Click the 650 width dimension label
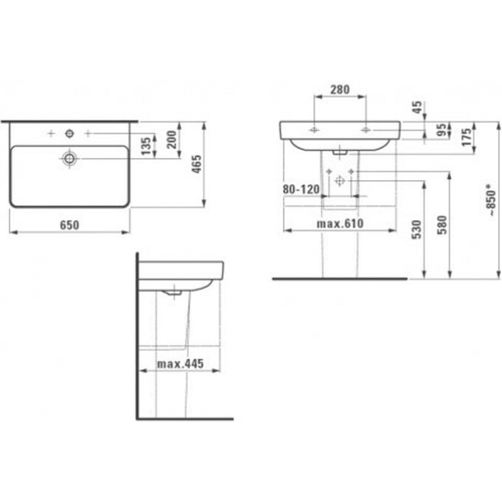[x=69, y=225]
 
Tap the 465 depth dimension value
[x=196, y=164]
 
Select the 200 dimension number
[x=172, y=140]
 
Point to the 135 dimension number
[x=146, y=146]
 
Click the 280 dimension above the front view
[x=340, y=89]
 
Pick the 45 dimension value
[x=417, y=107]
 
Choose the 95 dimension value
[x=441, y=130]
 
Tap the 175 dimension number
[x=467, y=137]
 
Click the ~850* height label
[x=492, y=200]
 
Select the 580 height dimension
[x=442, y=224]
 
